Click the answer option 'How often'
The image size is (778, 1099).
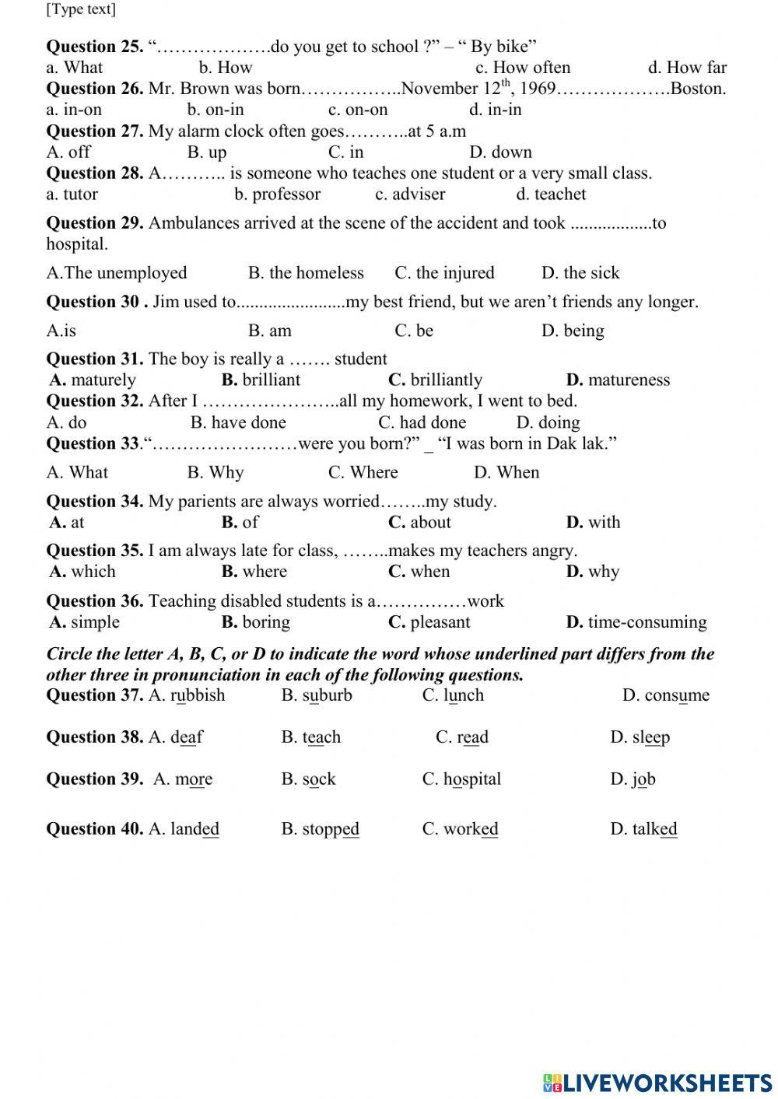click(x=531, y=68)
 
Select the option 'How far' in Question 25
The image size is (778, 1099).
click(x=696, y=68)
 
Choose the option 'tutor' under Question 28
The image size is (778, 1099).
click(x=80, y=194)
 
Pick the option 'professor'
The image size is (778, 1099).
click(x=286, y=194)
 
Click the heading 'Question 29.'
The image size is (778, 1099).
click(x=95, y=223)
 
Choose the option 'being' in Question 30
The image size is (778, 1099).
click(x=583, y=331)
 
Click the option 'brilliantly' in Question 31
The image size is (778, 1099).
click(x=446, y=380)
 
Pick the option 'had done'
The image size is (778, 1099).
click(x=433, y=422)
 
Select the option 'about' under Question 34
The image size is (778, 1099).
click(x=430, y=523)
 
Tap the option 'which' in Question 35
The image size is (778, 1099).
click(x=93, y=572)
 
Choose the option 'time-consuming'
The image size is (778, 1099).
click(x=647, y=622)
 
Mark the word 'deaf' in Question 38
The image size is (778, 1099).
click(x=187, y=737)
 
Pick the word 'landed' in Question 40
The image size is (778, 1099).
click(x=194, y=829)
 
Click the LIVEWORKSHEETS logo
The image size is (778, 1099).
click(x=657, y=1083)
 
